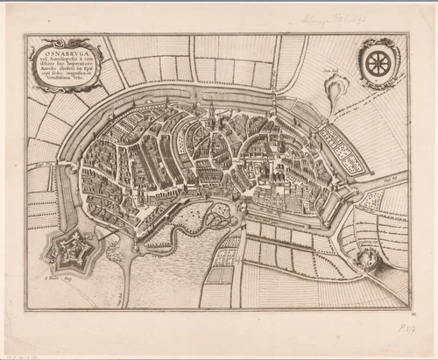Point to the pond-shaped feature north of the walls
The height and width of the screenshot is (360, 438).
[x=336, y=88]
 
